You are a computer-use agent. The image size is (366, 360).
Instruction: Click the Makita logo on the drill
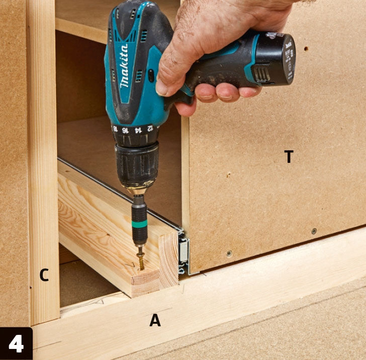click(x=124, y=66)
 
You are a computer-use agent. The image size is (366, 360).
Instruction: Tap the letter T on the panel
click(x=289, y=156)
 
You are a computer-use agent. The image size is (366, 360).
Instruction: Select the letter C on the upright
click(x=44, y=275)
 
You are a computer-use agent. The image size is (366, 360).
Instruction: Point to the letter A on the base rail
click(x=155, y=320)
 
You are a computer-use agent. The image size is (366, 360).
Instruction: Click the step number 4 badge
click(x=16, y=343)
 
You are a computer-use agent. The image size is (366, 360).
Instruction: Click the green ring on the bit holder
click(x=139, y=224)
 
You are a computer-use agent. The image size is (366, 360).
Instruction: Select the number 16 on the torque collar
click(x=125, y=130)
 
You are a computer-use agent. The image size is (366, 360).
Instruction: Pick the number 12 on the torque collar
click(x=150, y=128)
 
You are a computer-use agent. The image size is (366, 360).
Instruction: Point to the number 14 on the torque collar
click(x=138, y=130)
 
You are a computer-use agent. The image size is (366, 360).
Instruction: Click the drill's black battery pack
click(x=276, y=59)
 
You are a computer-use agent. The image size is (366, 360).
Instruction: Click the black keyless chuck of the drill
click(x=137, y=164)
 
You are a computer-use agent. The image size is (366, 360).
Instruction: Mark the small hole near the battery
click(x=306, y=49)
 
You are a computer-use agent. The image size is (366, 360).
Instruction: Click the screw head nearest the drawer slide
click(x=229, y=253)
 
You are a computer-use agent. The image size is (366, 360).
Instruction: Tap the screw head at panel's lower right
click(x=314, y=231)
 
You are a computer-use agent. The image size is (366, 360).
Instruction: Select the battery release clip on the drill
click(x=261, y=73)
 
